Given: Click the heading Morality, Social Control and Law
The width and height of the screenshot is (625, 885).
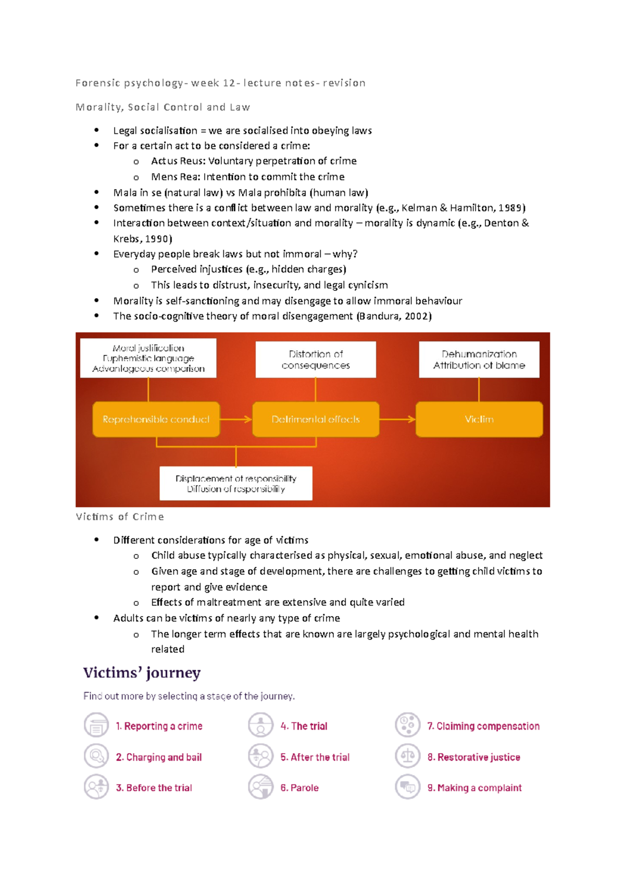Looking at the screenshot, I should [162, 107].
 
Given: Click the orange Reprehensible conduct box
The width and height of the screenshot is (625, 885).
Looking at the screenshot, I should [156, 419].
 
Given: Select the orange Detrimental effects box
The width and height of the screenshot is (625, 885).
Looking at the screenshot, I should [316, 419].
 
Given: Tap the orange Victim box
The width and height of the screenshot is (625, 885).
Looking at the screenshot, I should [479, 419].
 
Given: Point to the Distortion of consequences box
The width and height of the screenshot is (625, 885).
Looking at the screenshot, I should [316, 360].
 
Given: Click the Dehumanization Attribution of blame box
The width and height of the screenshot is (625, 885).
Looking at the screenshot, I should [479, 360].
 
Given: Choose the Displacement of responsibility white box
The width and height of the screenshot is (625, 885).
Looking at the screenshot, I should [236, 484].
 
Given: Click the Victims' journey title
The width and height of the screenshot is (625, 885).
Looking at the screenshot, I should [142, 673].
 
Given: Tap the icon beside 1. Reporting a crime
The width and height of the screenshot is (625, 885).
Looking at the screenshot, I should [96, 726].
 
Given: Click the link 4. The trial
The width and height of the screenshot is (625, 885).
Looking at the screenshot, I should [304, 726].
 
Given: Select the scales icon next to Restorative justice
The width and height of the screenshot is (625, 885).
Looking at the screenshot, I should [407, 756].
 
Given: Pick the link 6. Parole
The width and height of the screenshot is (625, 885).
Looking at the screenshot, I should [299, 788].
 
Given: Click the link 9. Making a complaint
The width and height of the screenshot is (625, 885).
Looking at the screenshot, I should [474, 788].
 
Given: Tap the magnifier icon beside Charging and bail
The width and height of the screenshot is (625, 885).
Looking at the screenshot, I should [96, 756].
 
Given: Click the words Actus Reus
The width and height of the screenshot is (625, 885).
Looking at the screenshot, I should [177, 161].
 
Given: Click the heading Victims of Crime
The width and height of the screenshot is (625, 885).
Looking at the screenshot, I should [120, 517].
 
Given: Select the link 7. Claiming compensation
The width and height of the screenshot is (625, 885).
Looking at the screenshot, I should [483, 726].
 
